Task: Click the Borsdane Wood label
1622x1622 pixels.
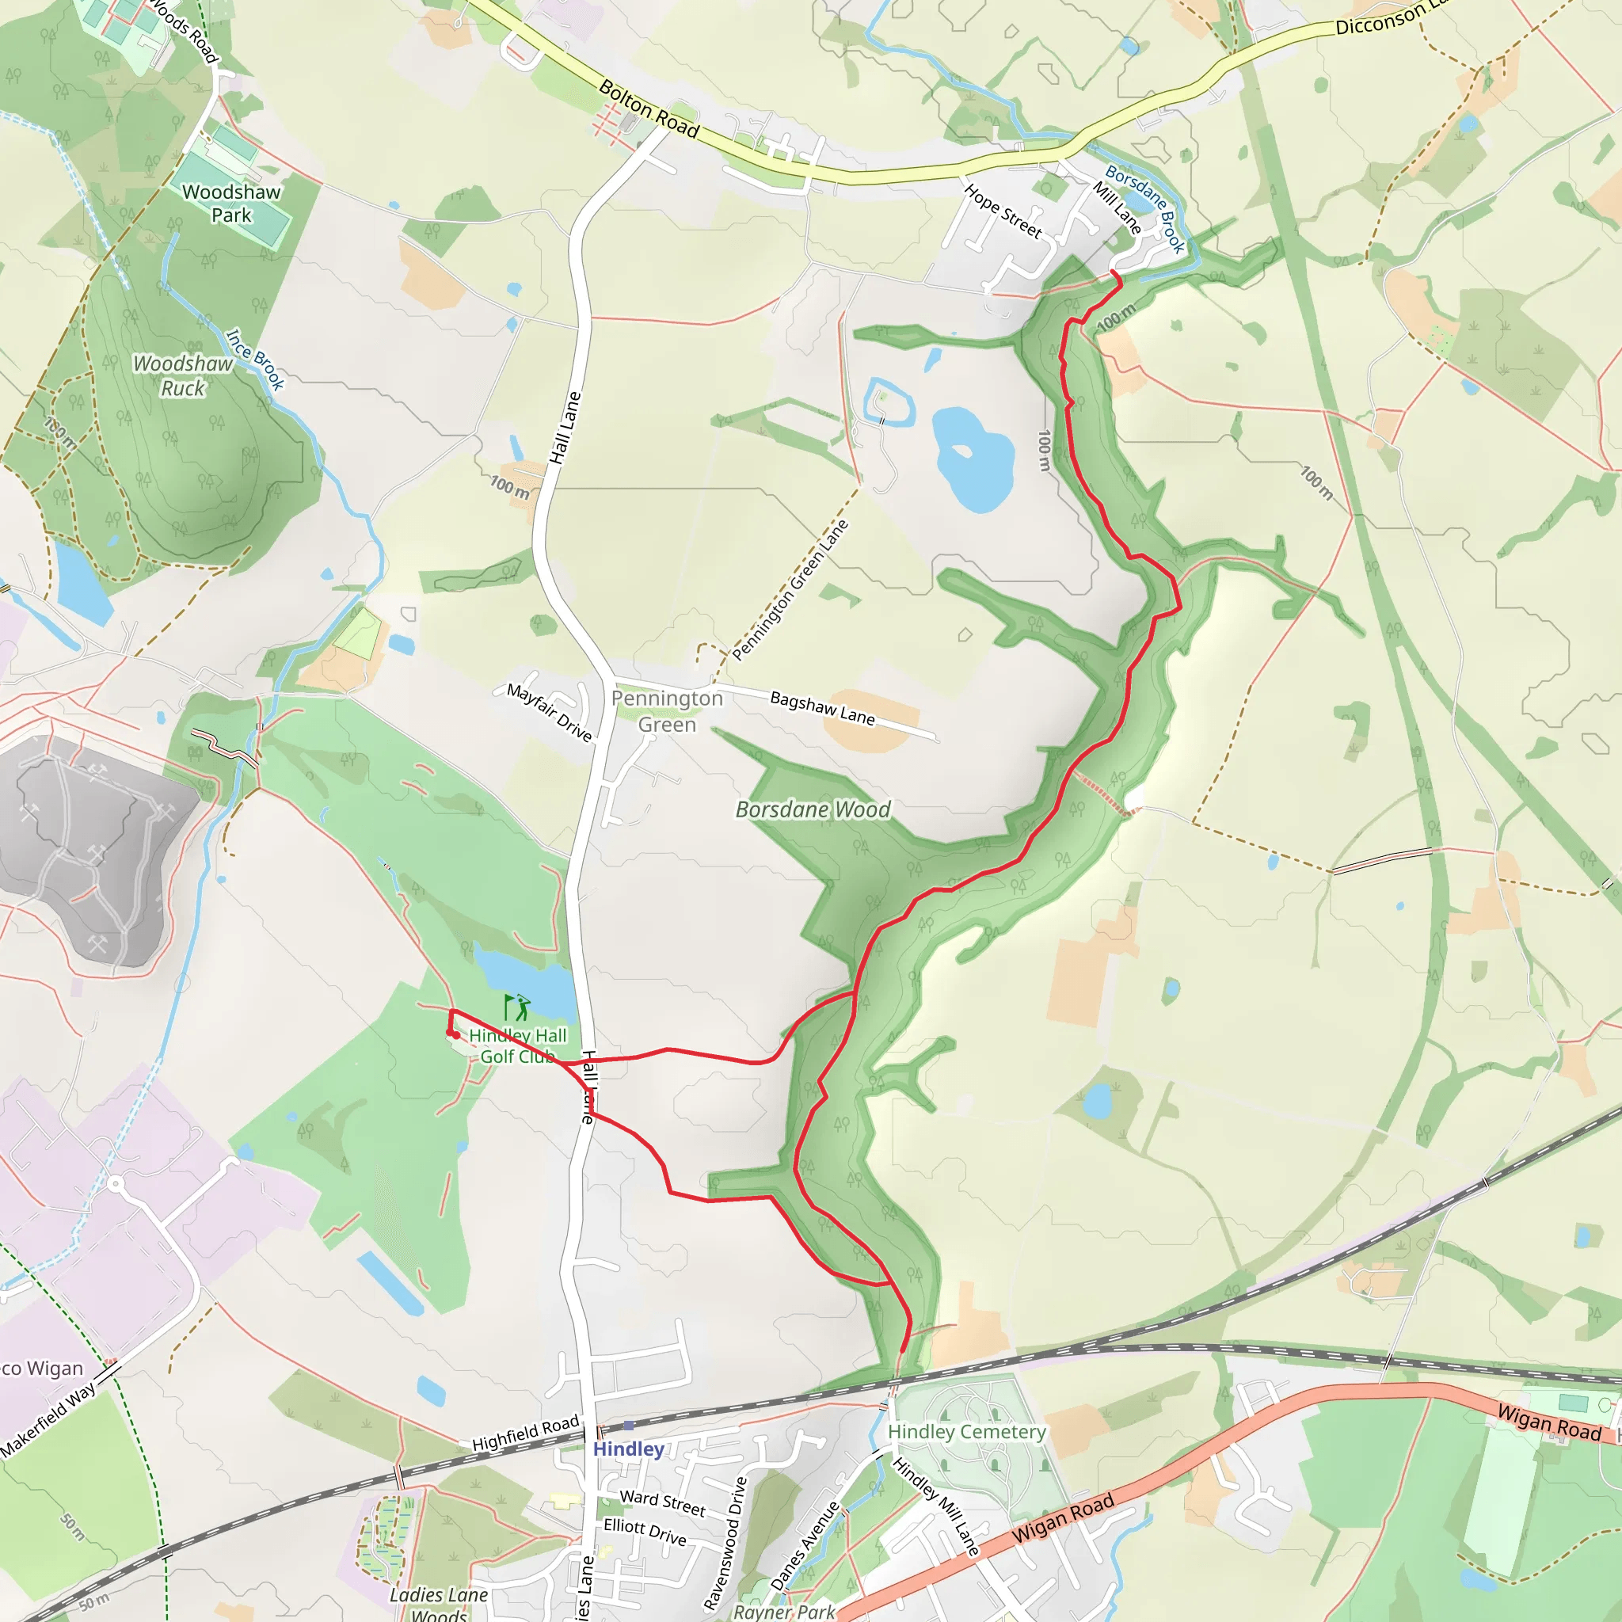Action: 813,809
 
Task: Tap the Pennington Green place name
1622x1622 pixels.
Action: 667,711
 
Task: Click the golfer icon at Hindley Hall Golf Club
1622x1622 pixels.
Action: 517,1007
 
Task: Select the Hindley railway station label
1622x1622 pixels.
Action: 628,1449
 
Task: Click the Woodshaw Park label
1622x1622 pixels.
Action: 231,204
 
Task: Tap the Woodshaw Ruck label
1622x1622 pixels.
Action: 183,376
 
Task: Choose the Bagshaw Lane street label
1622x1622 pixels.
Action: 822,708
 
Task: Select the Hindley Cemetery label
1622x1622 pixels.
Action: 966,1431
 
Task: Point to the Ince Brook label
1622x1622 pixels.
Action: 256,360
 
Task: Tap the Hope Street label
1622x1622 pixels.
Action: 1003,211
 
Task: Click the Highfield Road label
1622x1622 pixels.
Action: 526,1433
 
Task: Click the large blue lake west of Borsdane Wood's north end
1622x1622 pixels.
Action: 973,459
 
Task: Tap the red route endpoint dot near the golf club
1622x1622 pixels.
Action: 455,1035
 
